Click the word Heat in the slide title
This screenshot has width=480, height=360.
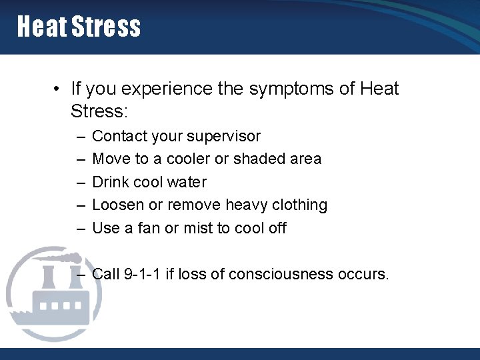click(x=41, y=27)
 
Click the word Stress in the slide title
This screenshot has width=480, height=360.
click(x=106, y=27)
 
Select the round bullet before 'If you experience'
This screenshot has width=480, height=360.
click(x=59, y=89)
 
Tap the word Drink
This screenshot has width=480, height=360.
click(x=111, y=182)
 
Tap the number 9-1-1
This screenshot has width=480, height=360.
click(x=141, y=274)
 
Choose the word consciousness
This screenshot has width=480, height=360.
click(x=282, y=274)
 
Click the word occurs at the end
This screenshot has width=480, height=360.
click(x=364, y=274)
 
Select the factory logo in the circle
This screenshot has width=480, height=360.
click(x=53, y=293)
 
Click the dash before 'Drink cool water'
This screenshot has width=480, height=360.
click(x=80, y=182)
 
